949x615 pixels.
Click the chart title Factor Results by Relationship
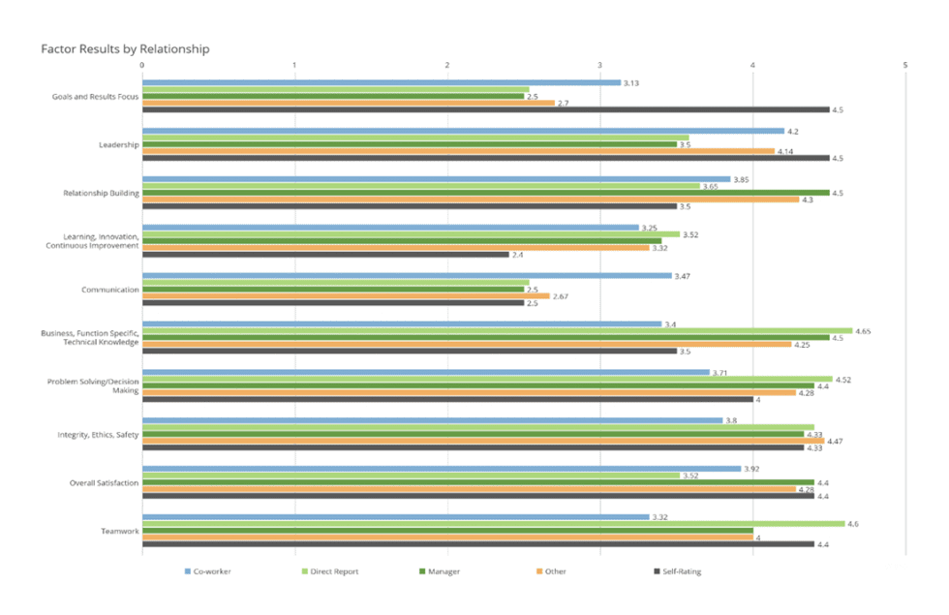tap(125, 48)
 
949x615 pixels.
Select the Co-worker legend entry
tap(209, 572)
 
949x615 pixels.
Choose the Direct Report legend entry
tap(331, 572)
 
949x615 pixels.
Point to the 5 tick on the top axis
tap(905, 65)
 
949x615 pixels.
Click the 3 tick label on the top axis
tap(600, 65)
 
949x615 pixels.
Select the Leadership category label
tap(119, 145)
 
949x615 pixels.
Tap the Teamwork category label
tap(120, 531)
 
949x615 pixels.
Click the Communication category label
tap(110, 290)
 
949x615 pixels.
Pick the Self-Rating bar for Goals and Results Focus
tap(484, 109)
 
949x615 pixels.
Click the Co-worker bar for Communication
tap(407, 276)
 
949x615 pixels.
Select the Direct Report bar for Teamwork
tap(493, 524)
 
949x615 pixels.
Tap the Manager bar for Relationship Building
tap(484, 193)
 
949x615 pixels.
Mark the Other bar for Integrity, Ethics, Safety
tap(482, 441)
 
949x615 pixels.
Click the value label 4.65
tap(863, 331)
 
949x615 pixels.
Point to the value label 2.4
tap(518, 255)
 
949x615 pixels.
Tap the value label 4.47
tap(835, 441)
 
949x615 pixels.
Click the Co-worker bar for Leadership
tap(463, 131)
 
